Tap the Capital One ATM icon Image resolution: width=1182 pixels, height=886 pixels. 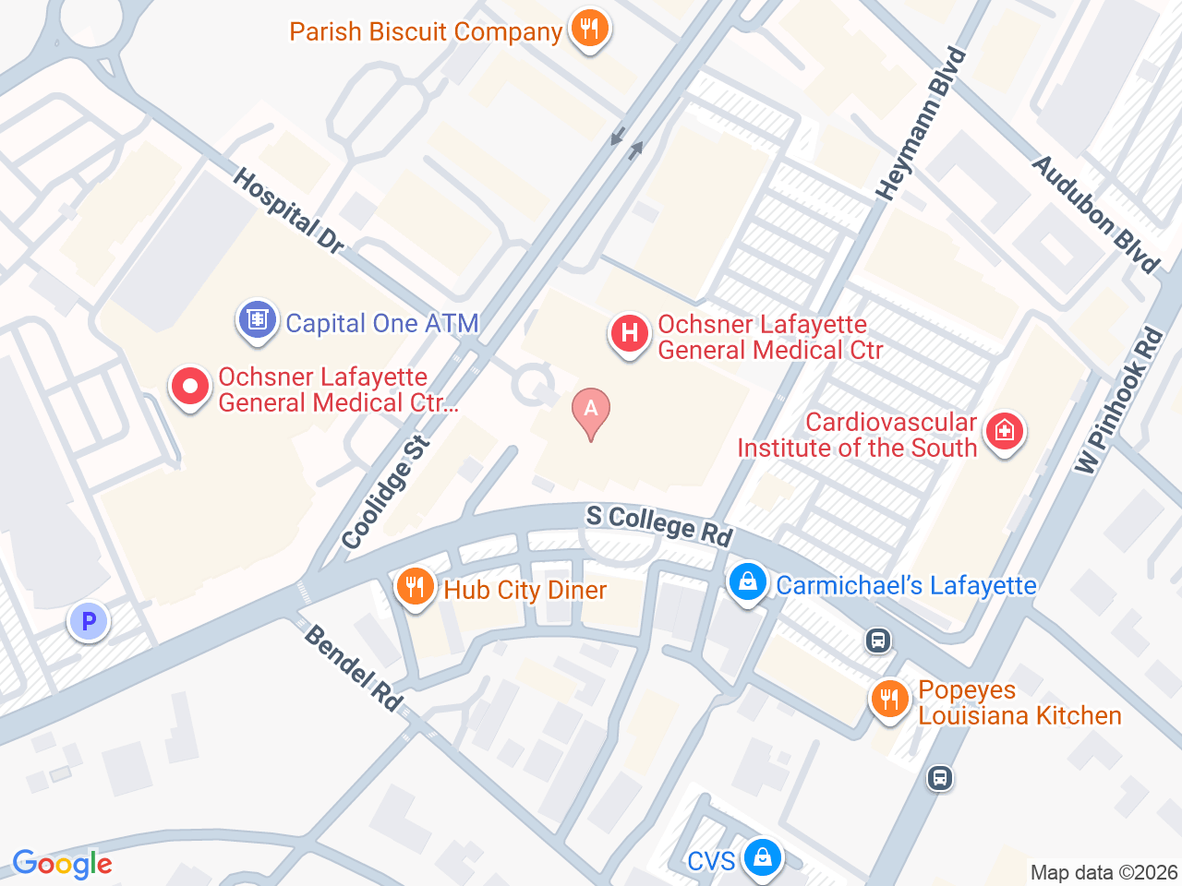point(257,320)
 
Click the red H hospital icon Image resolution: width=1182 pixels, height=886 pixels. point(630,333)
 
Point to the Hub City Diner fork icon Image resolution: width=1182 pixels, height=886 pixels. point(416,586)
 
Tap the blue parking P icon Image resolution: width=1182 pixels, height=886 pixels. point(89,622)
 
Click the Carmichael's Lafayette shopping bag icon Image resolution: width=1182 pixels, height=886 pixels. point(747,582)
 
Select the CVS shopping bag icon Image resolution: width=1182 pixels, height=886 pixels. point(763,858)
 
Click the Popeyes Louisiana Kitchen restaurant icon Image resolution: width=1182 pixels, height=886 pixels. point(889,699)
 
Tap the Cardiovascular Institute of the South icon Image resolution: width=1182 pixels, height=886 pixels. point(1005,431)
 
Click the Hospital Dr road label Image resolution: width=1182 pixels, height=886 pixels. point(288,210)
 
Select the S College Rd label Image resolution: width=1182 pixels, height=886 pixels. point(659,524)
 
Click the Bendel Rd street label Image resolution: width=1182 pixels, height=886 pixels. point(354,668)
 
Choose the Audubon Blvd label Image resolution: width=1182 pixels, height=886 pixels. point(1095,214)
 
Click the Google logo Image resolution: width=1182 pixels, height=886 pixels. point(62,864)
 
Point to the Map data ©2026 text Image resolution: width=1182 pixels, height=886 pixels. point(1104,872)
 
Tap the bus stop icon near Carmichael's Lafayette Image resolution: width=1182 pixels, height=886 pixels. point(878,640)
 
